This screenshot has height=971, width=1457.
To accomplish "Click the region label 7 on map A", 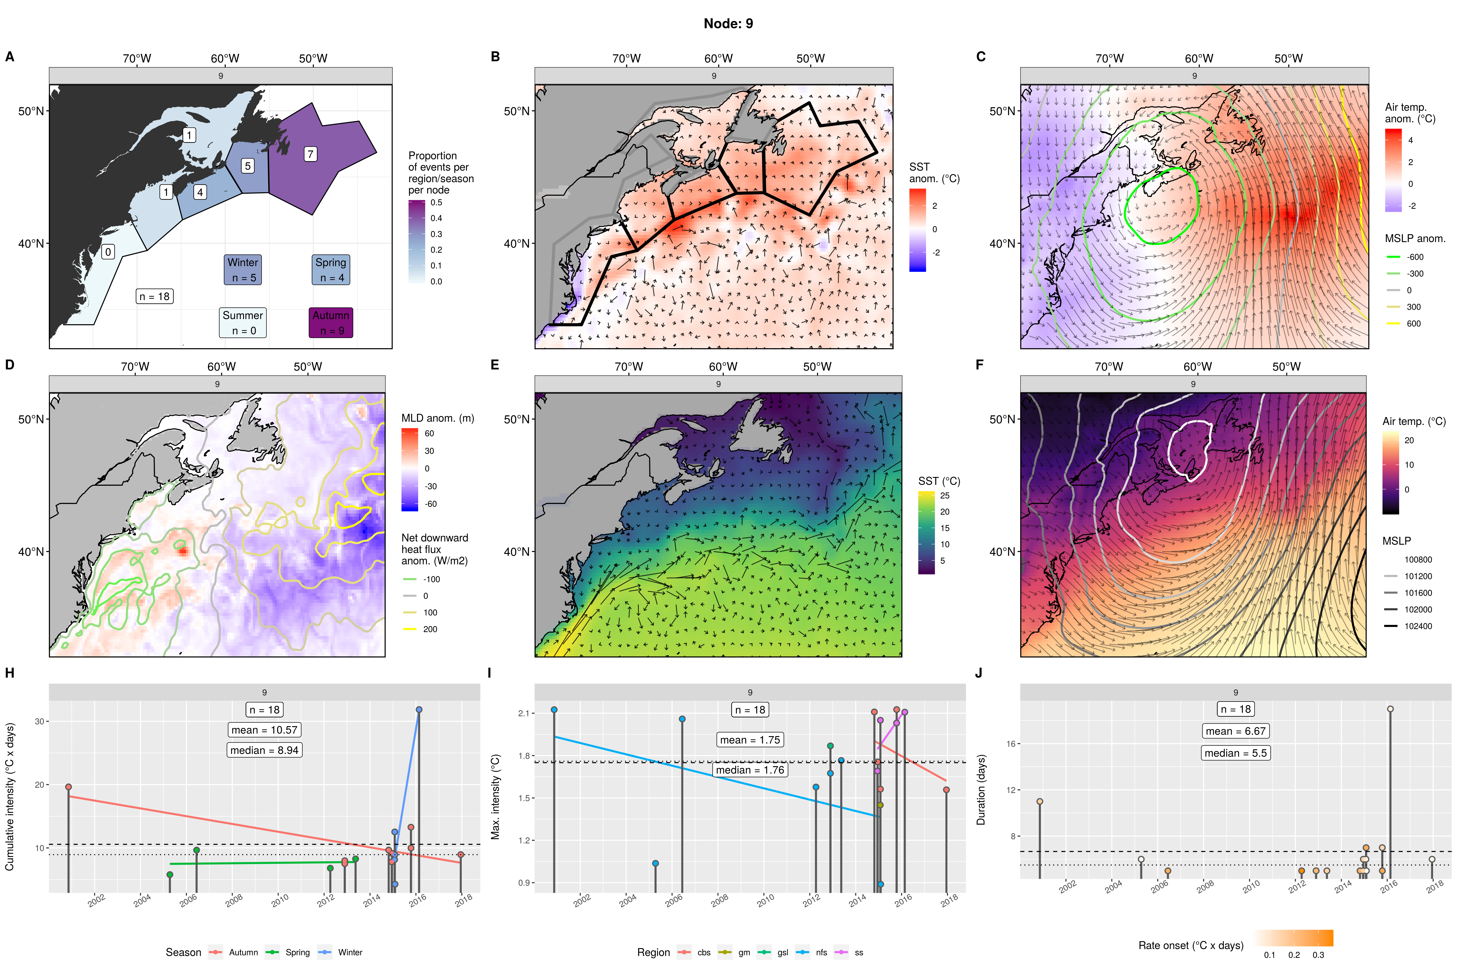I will pyautogui.click(x=310, y=154).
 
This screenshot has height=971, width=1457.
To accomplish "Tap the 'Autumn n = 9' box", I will pyautogui.click(x=331, y=323).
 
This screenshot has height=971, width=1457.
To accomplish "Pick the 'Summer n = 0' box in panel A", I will pyautogui.click(x=243, y=323).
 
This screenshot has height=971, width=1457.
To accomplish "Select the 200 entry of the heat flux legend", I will pyautogui.click(x=430, y=629).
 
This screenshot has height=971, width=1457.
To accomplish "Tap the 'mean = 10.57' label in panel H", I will pyautogui.click(x=265, y=730).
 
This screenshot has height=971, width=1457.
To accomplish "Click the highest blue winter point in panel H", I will pyautogui.click(x=419, y=710).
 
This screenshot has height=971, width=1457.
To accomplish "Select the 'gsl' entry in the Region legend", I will pyautogui.click(x=782, y=953).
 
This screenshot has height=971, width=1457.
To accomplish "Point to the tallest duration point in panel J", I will pyautogui.click(x=1390, y=709).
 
